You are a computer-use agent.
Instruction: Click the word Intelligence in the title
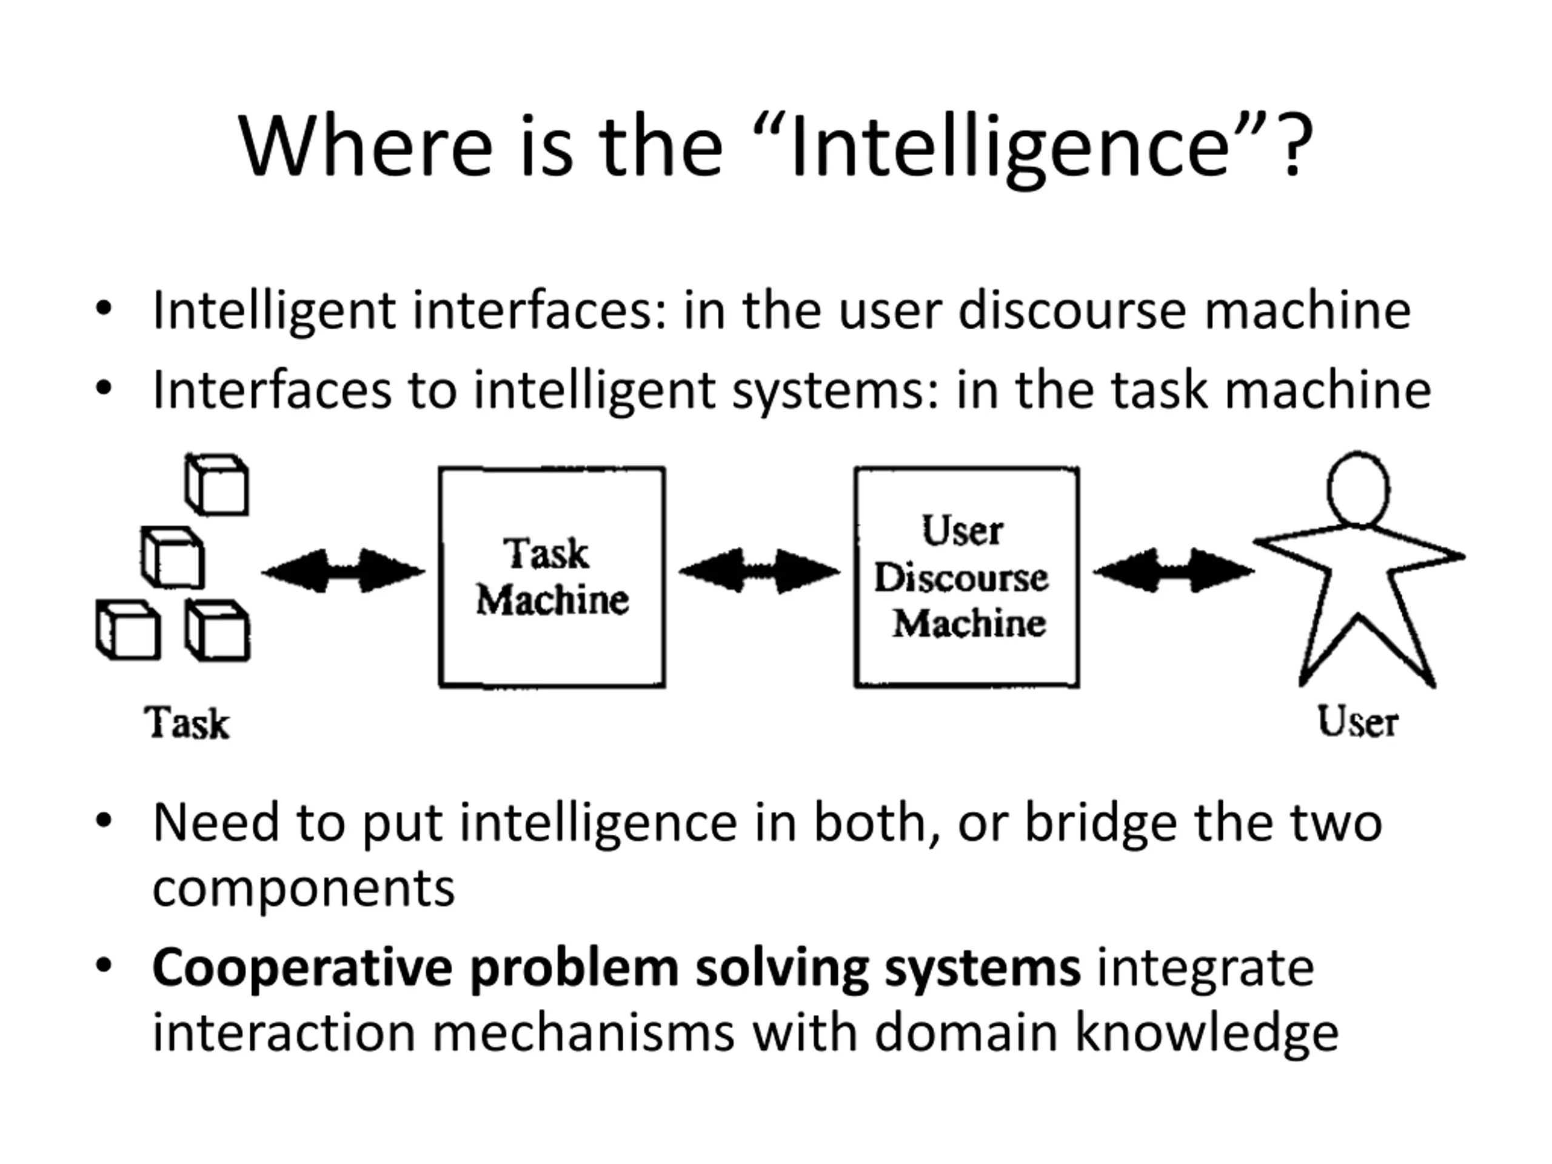click(1011, 148)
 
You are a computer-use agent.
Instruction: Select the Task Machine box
click(552, 577)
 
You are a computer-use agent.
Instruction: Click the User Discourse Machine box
click(966, 577)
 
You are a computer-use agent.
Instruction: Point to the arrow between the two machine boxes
click(759, 571)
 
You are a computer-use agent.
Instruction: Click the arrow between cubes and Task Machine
click(343, 571)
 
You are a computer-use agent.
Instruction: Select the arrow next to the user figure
click(1173, 571)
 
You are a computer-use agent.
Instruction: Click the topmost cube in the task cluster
click(217, 485)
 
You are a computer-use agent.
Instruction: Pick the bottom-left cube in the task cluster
click(129, 629)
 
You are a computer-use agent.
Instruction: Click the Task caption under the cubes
click(187, 723)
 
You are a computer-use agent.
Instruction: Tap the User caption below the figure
click(1357, 721)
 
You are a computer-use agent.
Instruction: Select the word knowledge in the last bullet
click(1207, 1033)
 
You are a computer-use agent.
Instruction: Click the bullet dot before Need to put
click(104, 820)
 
